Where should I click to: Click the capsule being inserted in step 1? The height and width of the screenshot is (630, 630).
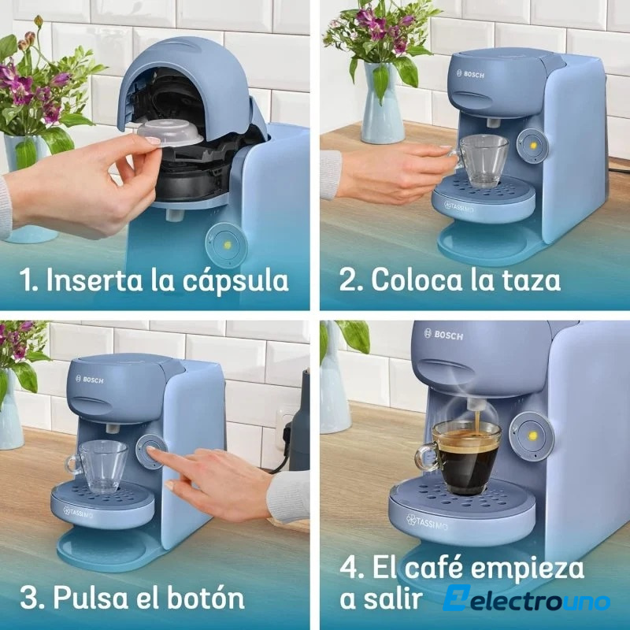point(170,135)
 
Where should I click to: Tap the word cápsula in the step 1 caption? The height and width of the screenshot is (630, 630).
point(235,281)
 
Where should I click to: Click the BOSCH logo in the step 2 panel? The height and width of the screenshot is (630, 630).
point(470,74)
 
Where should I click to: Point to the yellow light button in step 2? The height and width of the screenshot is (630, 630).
point(533,146)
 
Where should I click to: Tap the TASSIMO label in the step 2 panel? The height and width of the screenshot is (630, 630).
point(459,208)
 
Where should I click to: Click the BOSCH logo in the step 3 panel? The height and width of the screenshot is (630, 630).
point(90,379)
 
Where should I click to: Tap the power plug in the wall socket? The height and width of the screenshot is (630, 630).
point(287,442)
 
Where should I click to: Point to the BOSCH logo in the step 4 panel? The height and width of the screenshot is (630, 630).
point(443,334)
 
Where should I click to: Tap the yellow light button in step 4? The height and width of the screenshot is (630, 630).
point(533,436)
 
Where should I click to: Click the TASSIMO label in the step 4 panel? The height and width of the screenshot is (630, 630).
point(427,521)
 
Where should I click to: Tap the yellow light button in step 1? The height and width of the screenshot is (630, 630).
point(226,245)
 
